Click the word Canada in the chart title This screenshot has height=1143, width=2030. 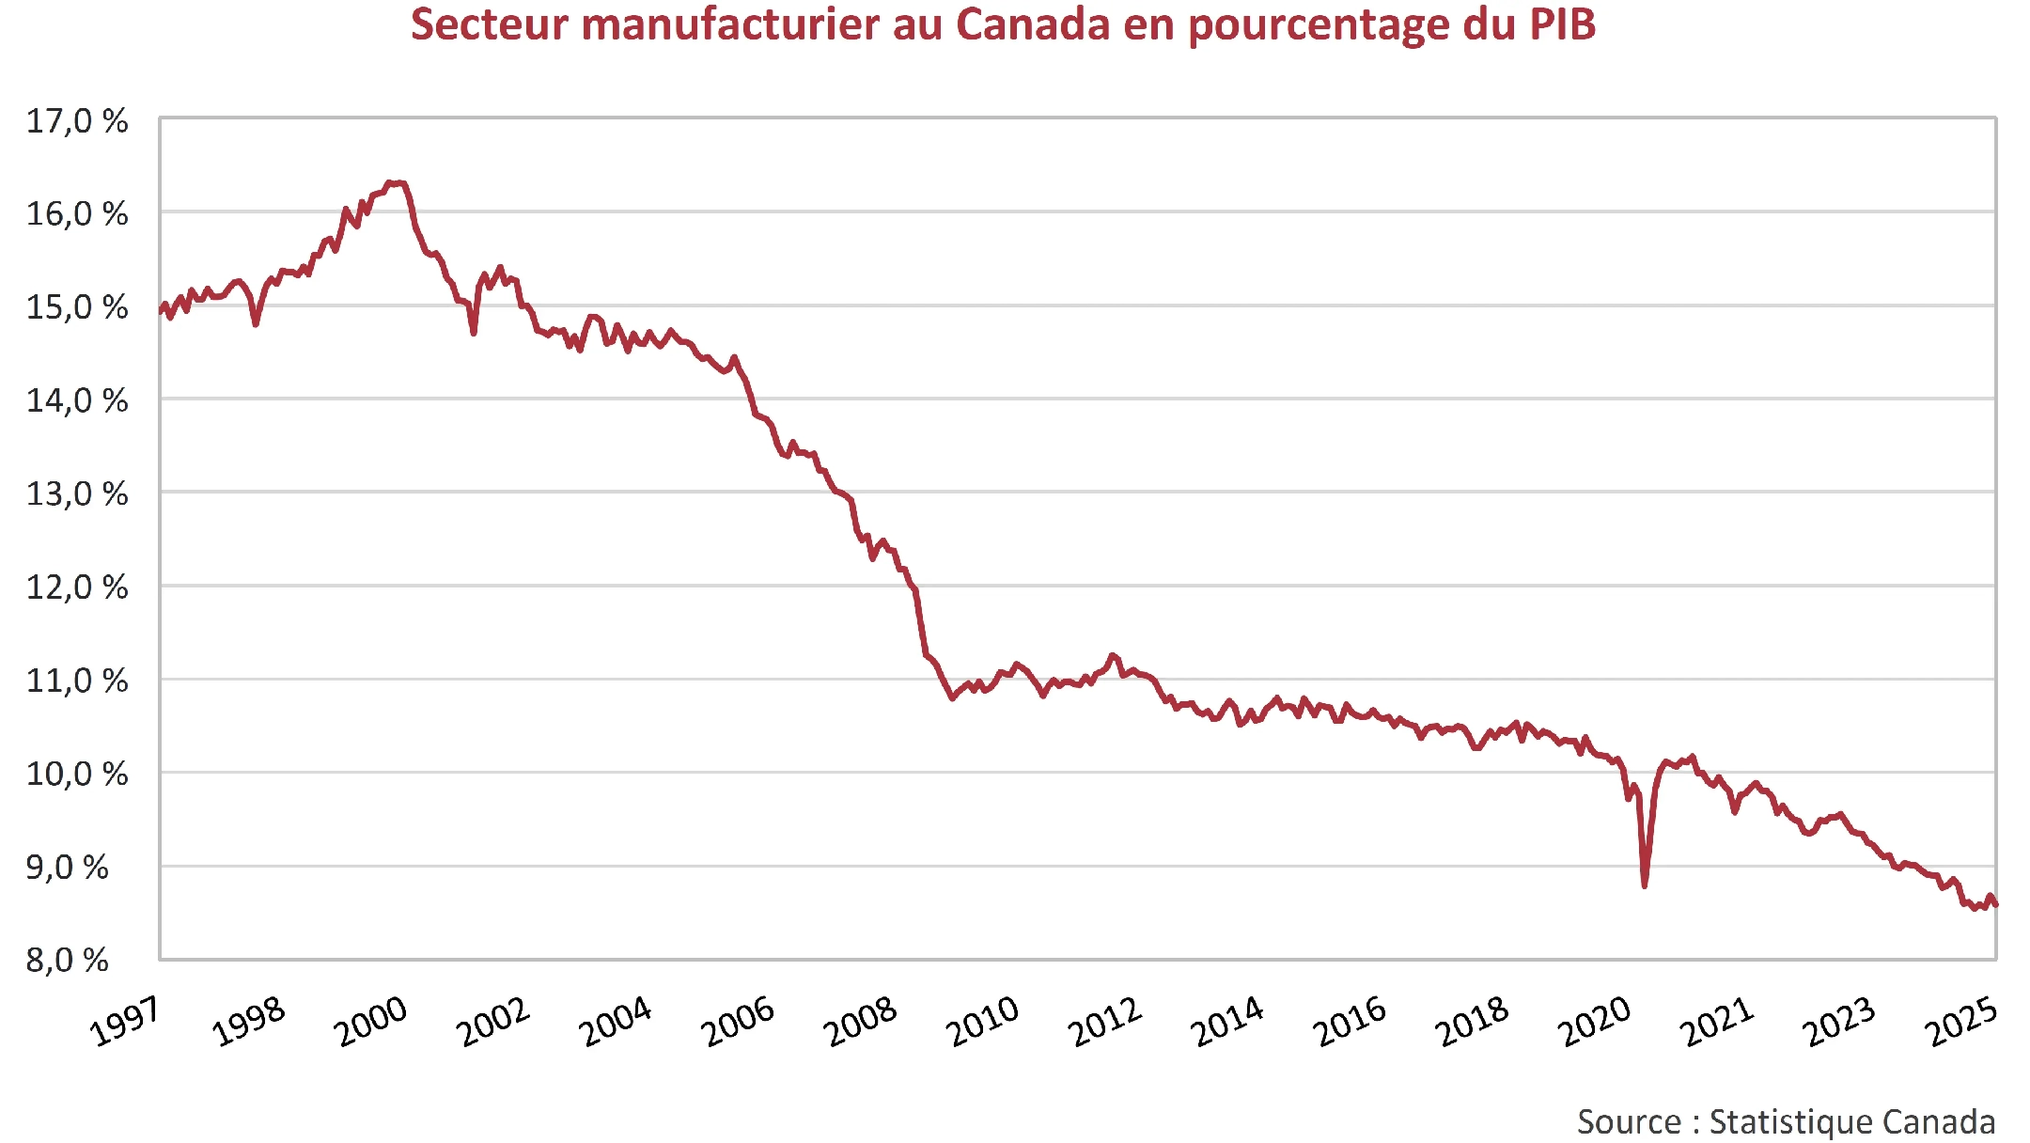tap(1032, 24)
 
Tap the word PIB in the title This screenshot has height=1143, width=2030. tap(1562, 24)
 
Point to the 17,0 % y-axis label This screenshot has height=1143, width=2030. tap(76, 121)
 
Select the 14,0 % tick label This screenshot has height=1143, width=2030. tap(76, 401)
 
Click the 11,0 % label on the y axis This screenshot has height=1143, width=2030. tap(76, 681)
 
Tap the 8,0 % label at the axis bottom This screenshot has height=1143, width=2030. tap(67, 961)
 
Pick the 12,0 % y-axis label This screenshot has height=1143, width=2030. tap(76, 587)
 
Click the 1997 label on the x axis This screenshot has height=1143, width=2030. tap(125, 1022)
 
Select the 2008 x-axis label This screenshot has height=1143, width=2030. tap(860, 1022)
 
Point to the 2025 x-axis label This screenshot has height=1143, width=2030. tap(1962, 1022)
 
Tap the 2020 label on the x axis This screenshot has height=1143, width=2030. tap(1595, 1022)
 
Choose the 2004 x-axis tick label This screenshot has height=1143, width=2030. tap(616, 1022)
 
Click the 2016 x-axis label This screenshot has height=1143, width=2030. tap(1350, 1022)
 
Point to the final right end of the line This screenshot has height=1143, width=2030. tap(1995, 904)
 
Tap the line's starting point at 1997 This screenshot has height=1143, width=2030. tap(161, 310)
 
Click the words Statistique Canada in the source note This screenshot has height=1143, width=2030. tap(1851, 1122)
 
